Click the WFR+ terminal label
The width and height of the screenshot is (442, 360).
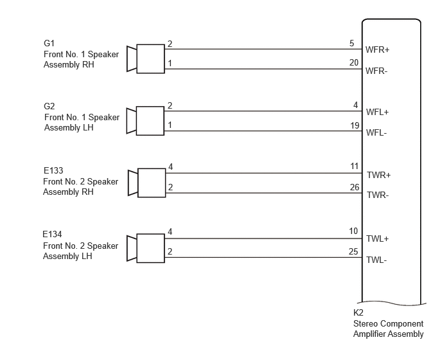click(377, 50)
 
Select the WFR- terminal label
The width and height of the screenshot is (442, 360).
click(376, 71)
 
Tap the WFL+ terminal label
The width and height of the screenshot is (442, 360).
click(377, 112)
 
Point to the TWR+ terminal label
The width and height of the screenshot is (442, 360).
click(378, 175)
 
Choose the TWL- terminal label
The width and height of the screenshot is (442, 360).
click(376, 260)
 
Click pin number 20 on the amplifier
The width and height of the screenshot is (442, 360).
click(354, 62)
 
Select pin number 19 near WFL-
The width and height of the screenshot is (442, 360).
click(355, 125)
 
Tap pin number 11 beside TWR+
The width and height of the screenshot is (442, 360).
click(355, 166)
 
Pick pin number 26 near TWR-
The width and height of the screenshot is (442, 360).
click(355, 187)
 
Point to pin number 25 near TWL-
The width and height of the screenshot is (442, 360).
click(353, 251)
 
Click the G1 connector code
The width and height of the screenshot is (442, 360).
click(49, 43)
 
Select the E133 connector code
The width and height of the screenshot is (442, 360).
click(53, 170)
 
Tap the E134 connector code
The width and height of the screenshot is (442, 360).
click(52, 234)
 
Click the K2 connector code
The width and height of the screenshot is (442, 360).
click(358, 312)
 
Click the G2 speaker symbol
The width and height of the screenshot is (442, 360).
click(145, 121)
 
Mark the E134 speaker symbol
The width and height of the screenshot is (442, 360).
click(146, 248)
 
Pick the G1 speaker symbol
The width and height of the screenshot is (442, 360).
click(146, 59)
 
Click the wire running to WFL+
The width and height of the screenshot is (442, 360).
click(263, 111)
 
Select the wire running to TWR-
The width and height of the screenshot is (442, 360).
click(264, 193)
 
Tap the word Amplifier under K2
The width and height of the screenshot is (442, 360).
click(368, 334)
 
